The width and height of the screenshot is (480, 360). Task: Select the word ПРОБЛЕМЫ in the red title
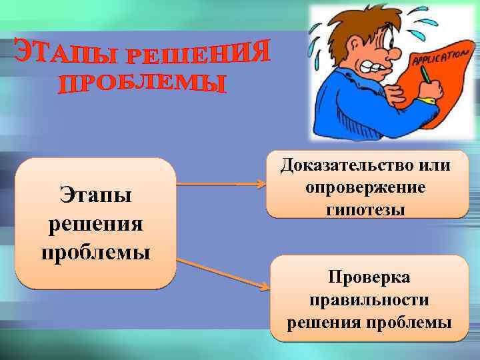[x=143, y=84]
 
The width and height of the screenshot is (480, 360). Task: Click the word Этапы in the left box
[x=95, y=195]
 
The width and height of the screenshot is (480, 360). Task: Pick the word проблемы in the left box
[x=95, y=253]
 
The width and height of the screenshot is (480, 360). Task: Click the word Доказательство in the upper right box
[x=345, y=164]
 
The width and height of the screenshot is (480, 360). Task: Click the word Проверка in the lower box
[x=369, y=276]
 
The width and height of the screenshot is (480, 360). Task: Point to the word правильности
[x=369, y=299]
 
